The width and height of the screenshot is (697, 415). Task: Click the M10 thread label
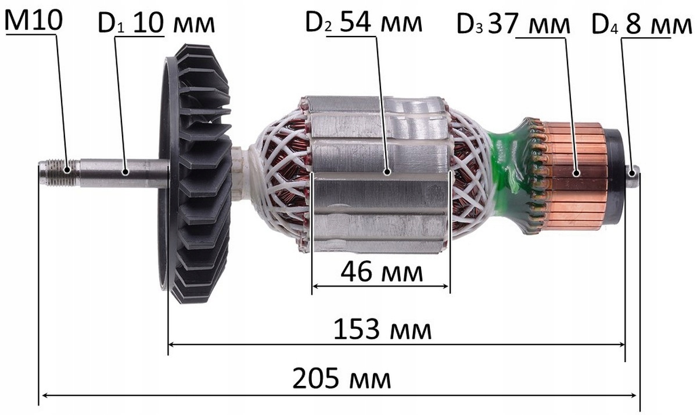tap(34, 20)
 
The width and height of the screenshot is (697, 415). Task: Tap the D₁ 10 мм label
tap(156, 23)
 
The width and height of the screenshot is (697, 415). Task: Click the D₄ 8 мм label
tap(641, 24)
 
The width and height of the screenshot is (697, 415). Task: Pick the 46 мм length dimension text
tap(382, 273)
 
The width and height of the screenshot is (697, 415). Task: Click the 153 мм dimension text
tap(382, 330)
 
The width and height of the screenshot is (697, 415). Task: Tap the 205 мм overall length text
tap(342, 378)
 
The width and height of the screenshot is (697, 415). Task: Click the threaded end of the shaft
tap(59, 173)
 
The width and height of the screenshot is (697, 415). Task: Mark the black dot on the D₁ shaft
tap(125, 172)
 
